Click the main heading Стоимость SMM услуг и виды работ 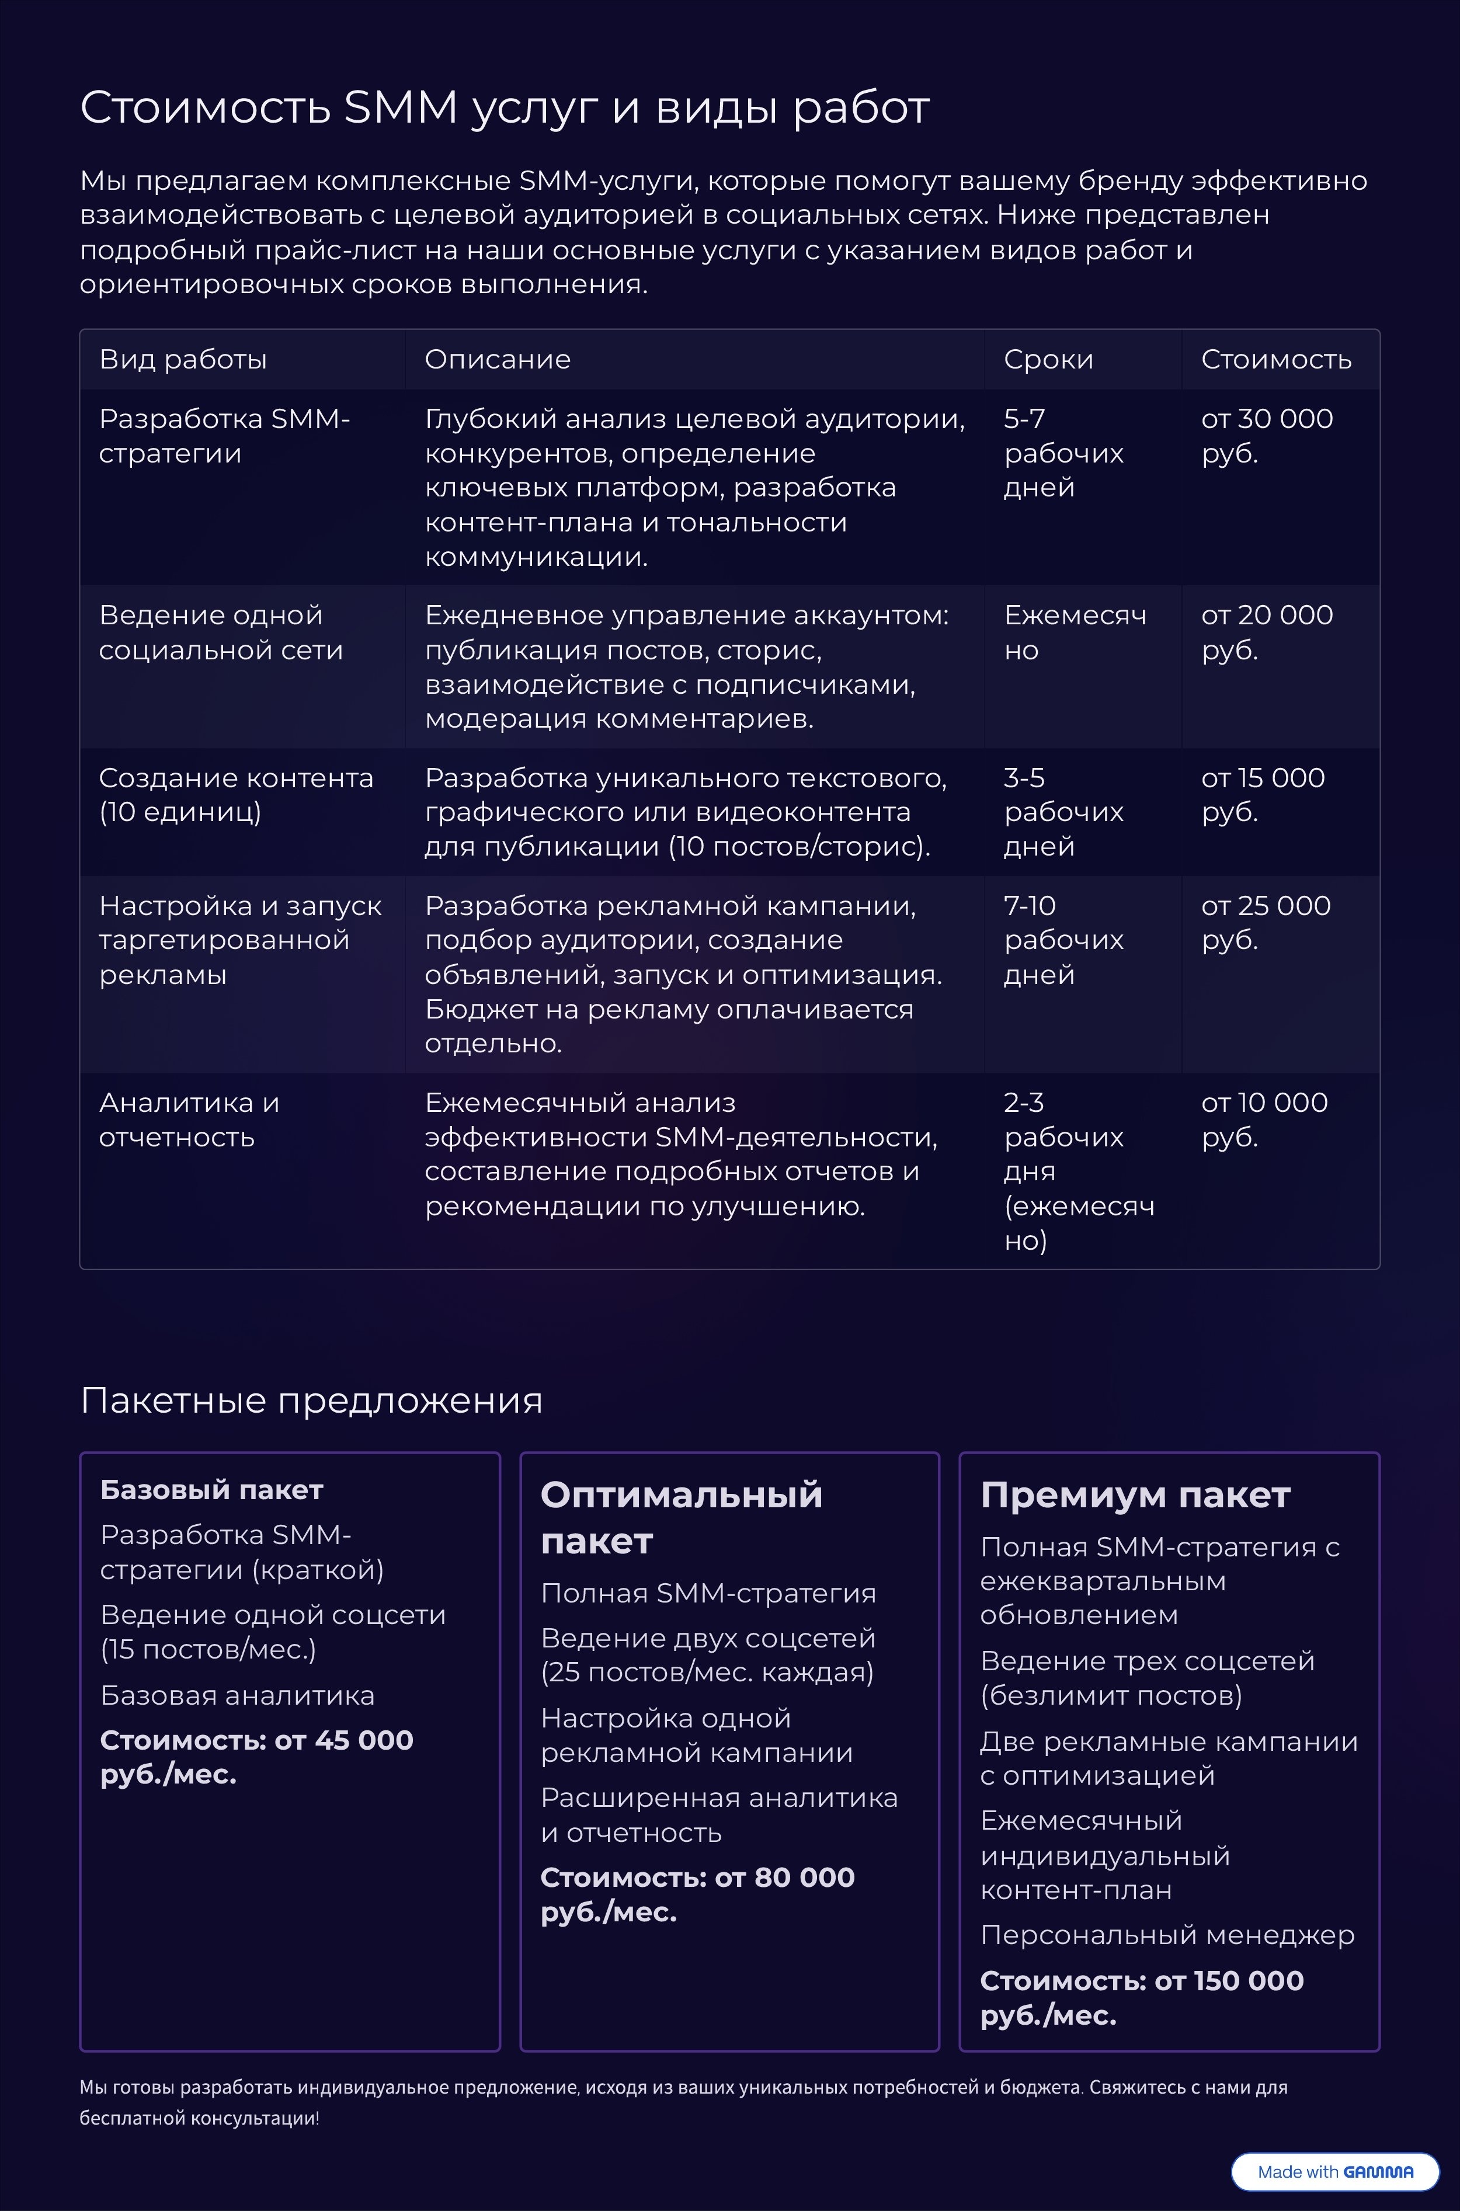click(x=504, y=108)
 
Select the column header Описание click(x=497, y=359)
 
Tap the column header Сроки click(x=1048, y=359)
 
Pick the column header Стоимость click(x=1275, y=359)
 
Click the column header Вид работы click(x=182, y=359)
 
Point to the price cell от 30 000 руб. click(x=1266, y=436)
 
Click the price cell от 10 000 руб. click(x=1264, y=1119)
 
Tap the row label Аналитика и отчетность click(x=189, y=1119)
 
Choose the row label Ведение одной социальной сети click(x=221, y=632)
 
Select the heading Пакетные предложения click(x=311, y=1400)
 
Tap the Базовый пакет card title click(x=211, y=1490)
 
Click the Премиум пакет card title click(x=1134, y=1495)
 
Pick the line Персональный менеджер click(x=1167, y=1935)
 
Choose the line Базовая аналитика click(x=238, y=1695)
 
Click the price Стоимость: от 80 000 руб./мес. click(x=697, y=1894)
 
